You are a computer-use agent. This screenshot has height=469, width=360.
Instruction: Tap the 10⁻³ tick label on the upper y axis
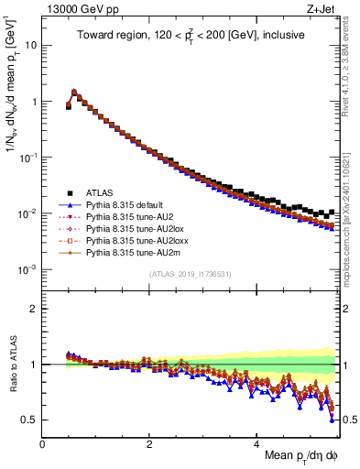click(x=27, y=269)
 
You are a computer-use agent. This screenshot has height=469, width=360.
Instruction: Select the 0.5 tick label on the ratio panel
click(x=28, y=420)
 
